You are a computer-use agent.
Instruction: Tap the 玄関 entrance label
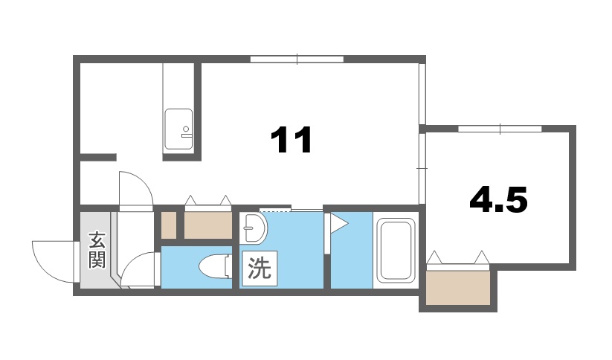pos(97,250)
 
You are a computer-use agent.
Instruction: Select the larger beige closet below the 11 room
pos(208,225)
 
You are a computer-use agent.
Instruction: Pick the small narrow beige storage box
pos(169,225)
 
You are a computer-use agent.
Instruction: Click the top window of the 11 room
pos(297,59)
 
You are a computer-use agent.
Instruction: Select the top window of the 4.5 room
pos(500,129)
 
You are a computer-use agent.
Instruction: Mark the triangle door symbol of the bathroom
pos(338,222)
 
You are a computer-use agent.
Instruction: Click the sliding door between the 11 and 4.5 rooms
pos(422,168)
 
